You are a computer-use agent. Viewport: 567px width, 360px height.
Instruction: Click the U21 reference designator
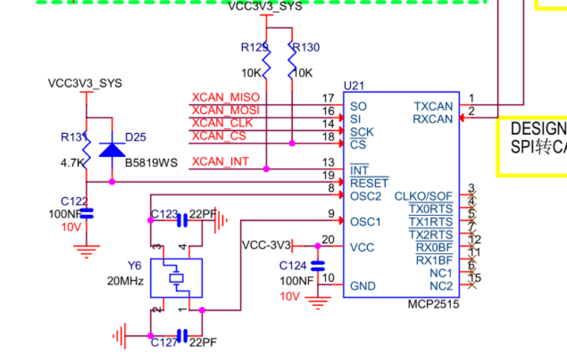(x=353, y=86)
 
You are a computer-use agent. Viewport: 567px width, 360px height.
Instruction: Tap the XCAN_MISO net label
(x=225, y=98)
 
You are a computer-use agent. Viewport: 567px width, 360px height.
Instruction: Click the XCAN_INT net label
(x=220, y=162)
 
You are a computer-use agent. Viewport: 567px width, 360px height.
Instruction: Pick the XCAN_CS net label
(x=218, y=136)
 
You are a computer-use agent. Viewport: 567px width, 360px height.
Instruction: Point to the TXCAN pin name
(x=433, y=106)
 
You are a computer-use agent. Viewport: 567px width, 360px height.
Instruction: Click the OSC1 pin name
(x=365, y=222)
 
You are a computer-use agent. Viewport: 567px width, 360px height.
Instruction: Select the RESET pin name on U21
(x=368, y=183)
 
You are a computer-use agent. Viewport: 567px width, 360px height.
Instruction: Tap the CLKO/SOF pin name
(x=423, y=196)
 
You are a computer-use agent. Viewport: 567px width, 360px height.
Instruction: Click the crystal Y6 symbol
(x=176, y=278)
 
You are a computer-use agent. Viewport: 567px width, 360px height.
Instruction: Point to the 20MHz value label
(x=125, y=280)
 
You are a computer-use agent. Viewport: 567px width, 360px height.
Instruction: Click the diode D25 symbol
(x=112, y=149)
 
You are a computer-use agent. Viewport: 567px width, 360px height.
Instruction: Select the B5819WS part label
(x=151, y=163)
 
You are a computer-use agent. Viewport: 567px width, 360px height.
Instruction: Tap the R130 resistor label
(x=305, y=48)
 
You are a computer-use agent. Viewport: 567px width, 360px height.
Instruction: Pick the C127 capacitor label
(x=164, y=343)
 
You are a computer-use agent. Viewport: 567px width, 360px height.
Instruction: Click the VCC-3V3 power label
(x=266, y=245)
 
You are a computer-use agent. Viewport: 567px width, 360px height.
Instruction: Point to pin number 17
(x=328, y=99)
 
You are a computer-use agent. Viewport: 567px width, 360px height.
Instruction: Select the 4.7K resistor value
(x=72, y=163)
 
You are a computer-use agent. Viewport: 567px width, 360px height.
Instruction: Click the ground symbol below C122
(x=86, y=251)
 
